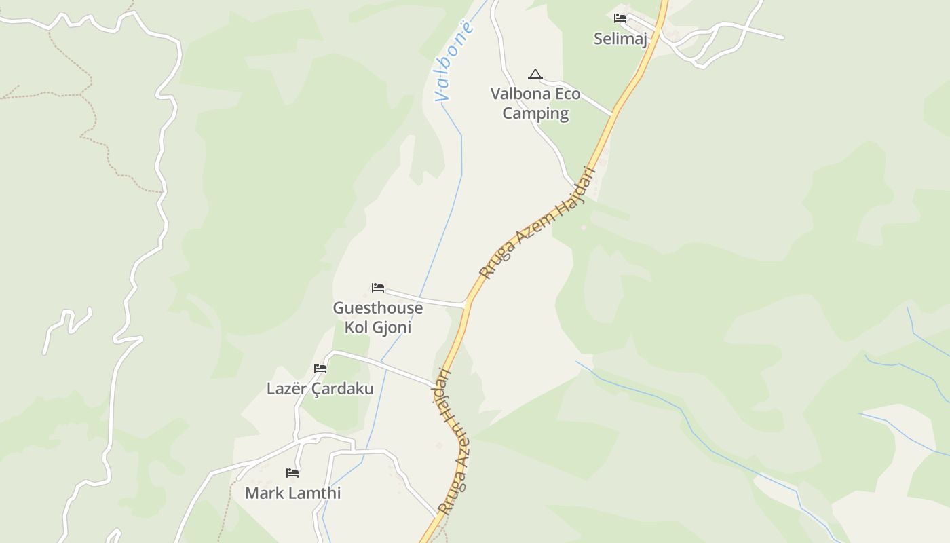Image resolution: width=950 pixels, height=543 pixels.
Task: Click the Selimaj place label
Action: click(620, 39)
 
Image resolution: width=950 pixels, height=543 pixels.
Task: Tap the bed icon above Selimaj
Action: click(620, 18)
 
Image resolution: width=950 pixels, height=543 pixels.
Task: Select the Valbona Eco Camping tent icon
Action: click(535, 74)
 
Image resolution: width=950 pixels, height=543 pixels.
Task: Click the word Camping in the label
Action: click(535, 113)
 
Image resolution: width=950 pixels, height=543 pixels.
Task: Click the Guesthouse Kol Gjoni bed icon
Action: click(378, 288)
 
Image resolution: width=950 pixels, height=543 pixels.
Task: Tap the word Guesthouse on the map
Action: click(377, 308)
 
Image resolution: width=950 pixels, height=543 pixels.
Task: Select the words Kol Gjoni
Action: click(377, 327)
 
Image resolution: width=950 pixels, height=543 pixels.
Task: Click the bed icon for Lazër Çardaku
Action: click(320, 369)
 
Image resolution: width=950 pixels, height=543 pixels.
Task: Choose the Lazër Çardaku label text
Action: click(320, 389)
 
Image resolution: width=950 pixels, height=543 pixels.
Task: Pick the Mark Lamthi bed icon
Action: click(292, 472)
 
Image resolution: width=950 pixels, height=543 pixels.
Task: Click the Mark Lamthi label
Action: click(292, 493)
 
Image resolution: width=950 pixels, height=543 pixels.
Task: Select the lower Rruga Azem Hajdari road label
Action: click(451, 441)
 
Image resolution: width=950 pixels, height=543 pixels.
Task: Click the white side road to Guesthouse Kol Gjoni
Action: click(427, 299)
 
